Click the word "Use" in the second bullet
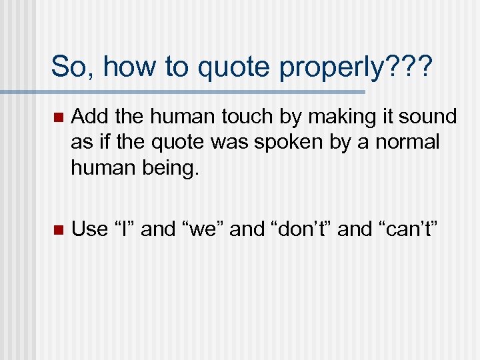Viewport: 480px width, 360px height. pyautogui.click(x=89, y=229)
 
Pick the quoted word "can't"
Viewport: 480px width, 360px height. pyautogui.click(x=408, y=229)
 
